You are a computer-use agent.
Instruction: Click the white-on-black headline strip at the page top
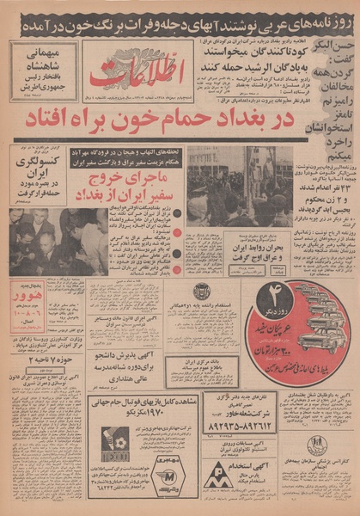[180, 15]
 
